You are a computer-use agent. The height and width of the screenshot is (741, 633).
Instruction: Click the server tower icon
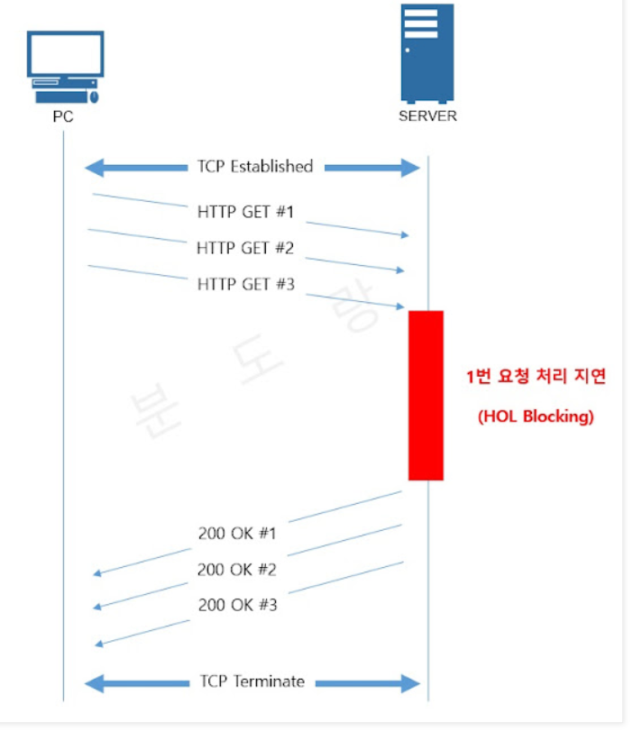(x=427, y=52)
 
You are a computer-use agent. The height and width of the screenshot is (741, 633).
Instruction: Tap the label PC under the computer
(x=63, y=116)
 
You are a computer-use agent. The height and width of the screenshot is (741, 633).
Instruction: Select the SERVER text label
(x=427, y=116)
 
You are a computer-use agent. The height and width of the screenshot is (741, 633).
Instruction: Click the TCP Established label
(x=255, y=167)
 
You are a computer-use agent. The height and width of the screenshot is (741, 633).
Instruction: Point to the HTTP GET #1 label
(x=245, y=213)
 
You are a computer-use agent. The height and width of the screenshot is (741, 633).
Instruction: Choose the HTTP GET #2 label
(x=245, y=248)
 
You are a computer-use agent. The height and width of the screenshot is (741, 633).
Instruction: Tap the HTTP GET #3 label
(x=245, y=284)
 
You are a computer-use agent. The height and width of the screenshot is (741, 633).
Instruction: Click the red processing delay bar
(x=426, y=395)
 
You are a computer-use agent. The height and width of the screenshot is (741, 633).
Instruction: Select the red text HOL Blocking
(x=536, y=417)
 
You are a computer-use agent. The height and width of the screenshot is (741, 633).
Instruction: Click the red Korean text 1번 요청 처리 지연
(x=536, y=377)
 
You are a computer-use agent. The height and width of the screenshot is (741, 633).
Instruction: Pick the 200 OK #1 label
(x=237, y=533)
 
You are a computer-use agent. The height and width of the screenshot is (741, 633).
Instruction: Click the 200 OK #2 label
(x=237, y=570)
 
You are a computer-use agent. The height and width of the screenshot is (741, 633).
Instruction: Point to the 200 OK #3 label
(x=237, y=605)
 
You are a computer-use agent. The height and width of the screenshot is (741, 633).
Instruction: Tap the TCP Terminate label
(x=252, y=682)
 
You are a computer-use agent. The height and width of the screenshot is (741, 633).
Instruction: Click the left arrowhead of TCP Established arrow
(x=92, y=168)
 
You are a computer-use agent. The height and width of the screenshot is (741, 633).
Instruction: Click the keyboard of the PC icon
(x=60, y=94)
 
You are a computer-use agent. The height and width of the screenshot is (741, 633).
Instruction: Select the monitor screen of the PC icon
(x=65, y=53)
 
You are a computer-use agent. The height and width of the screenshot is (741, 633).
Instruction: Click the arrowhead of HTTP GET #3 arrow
(x=401, y=306)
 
